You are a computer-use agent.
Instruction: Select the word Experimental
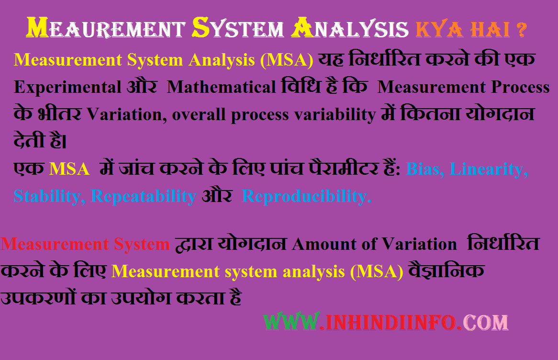coord(67,87)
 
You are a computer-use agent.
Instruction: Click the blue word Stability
coord(49,196)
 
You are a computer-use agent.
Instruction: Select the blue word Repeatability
coord(144,196)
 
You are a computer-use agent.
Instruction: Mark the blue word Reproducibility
coord(306,196)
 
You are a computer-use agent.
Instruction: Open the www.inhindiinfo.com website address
coord(386,322)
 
